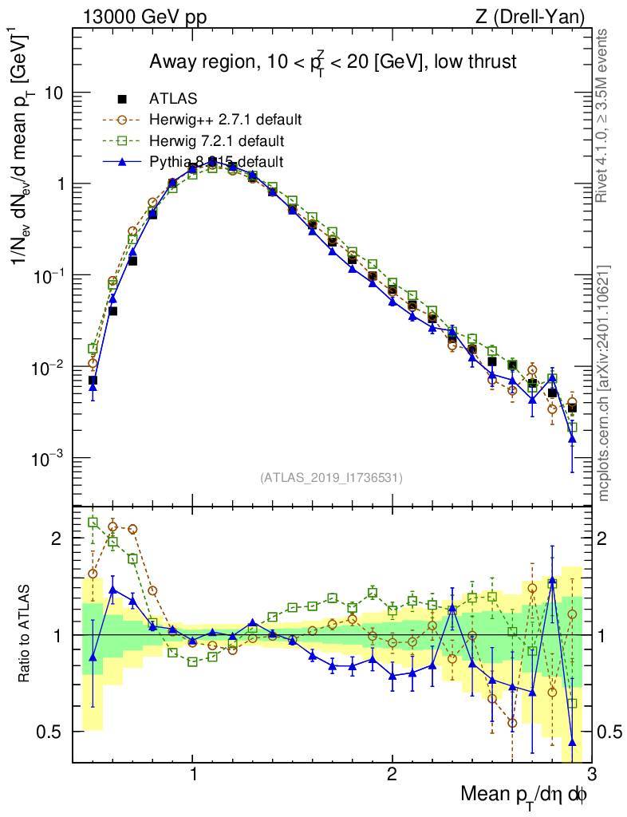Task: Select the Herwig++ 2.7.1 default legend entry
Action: [x=224, y=120]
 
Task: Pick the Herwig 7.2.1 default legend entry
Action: [x=216, y=141]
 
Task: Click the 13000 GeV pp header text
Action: [x=144, y=15]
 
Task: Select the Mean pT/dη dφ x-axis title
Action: [x=525, y=794]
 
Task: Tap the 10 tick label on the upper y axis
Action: [x=53, y=93]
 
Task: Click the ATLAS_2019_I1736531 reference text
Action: [x=331, y=478]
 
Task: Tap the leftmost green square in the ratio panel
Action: [x=93, y=523]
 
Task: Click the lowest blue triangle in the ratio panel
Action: [x=572, y=742]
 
